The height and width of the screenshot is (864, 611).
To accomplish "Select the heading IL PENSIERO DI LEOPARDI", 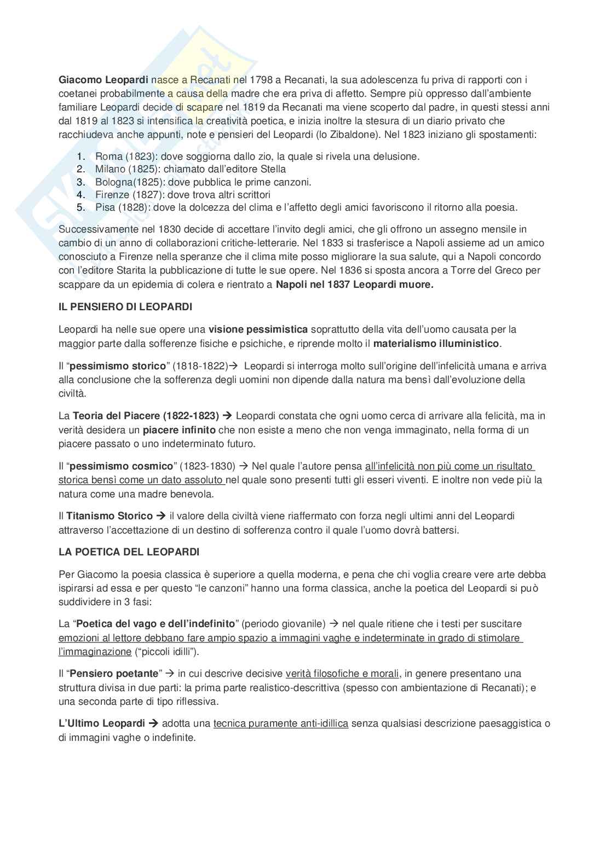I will (125, 307).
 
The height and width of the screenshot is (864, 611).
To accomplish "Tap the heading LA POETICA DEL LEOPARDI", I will (129, 552).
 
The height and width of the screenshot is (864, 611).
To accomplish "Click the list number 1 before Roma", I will (81, 156).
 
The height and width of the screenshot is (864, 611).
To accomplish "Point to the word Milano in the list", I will (111, 170).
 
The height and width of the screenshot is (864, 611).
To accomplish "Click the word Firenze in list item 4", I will (112, 195).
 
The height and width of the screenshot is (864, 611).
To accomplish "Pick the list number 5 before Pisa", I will (81, 207).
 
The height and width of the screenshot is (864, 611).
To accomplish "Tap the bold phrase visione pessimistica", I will (258, 329).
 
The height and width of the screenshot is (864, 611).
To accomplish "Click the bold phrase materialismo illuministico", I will (436, 344).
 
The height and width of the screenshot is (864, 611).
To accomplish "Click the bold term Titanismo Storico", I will (109, 516).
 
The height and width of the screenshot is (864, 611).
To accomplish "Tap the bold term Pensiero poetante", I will (116, 674).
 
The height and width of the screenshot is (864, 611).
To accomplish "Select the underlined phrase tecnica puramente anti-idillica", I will (281, 723).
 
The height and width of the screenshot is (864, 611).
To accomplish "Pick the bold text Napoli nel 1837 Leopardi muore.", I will (354, 284).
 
